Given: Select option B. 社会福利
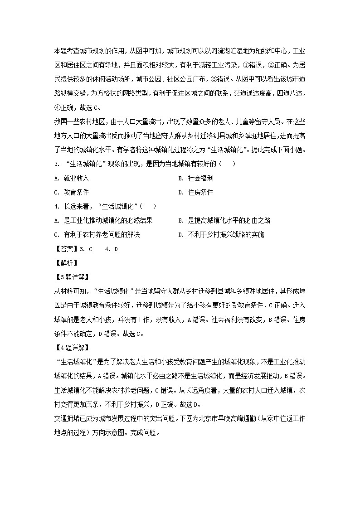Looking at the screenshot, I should (196, 178).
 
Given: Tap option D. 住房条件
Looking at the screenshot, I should (196, 192).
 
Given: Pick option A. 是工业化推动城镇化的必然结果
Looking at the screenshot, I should (103, 220).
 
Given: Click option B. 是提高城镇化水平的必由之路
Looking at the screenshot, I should (224, 220).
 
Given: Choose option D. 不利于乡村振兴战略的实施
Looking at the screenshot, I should (221, 234).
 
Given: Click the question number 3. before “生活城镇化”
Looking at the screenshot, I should (56, 164).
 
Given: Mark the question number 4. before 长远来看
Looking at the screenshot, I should (56, 206).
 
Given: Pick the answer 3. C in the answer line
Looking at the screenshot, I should (86, 248).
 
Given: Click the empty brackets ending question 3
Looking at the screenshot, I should (228, 164).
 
